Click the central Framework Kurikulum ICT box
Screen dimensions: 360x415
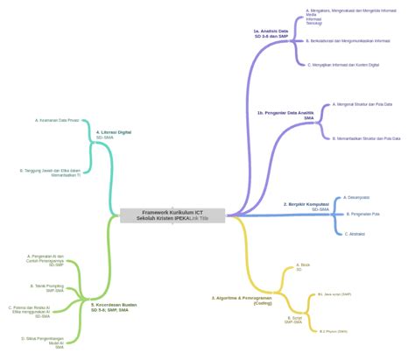coord(172,215)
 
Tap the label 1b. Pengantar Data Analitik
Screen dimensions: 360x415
coord(285,115)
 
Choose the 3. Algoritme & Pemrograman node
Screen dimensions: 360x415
coord(241,300)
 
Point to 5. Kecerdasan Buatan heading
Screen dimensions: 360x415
coord(114,307)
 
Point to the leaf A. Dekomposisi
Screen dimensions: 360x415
coord(356,197)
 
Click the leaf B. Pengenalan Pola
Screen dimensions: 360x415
coord(363,214)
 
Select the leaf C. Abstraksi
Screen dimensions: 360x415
coord(354,233)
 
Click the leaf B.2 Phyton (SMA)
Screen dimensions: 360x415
coord(333,331)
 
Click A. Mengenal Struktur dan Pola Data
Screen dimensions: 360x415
coord(362,104)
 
